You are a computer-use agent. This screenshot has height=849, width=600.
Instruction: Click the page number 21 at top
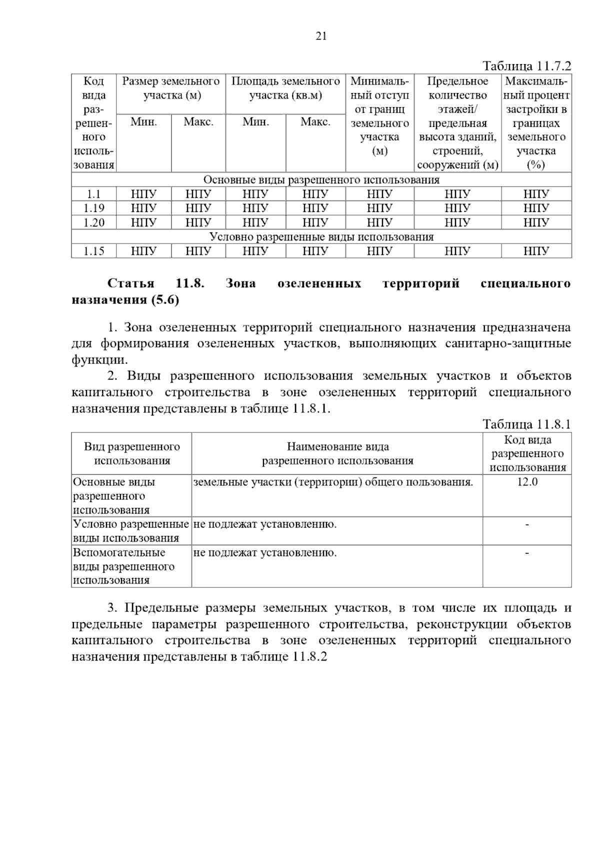321,36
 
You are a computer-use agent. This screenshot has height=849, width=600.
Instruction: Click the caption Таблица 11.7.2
526,66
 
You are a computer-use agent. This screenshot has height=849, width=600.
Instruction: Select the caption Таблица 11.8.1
526,424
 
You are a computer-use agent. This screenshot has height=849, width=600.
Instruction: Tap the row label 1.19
93,208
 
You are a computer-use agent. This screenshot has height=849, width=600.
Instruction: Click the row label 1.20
93,222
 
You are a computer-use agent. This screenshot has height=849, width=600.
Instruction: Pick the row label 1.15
93,251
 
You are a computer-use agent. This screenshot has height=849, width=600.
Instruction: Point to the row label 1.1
93,194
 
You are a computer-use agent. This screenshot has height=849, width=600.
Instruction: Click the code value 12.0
527,482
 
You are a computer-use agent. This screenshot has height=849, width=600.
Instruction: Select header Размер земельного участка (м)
171,88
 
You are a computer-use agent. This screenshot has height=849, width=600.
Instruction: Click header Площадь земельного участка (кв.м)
285,88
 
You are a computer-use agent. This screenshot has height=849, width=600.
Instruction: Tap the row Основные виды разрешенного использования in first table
321,180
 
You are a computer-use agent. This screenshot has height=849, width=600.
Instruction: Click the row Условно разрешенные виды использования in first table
321,237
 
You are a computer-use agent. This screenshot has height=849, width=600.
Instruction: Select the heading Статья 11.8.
156,283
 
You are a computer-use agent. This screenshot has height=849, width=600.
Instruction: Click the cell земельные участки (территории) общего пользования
333,482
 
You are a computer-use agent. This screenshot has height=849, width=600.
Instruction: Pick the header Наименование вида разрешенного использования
337,453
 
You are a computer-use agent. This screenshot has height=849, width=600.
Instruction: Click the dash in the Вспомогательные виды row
527,552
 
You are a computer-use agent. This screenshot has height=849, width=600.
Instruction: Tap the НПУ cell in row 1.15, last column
536,251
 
